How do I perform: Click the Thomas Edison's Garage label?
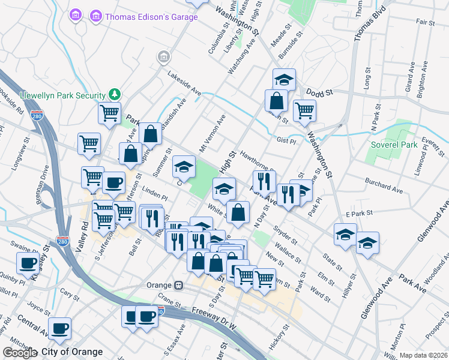point(151,17)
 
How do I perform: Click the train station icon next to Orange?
point(178,286)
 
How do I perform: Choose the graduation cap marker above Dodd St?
point(284,79)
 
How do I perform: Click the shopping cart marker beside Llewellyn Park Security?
point(109,112)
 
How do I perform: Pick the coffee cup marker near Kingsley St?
point(28,263)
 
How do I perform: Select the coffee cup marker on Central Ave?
point(59,328)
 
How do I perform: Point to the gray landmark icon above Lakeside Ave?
point(163,57)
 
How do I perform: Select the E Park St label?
point(360,213)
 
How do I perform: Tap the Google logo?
point(20,353)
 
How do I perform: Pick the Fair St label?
point(424,22)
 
